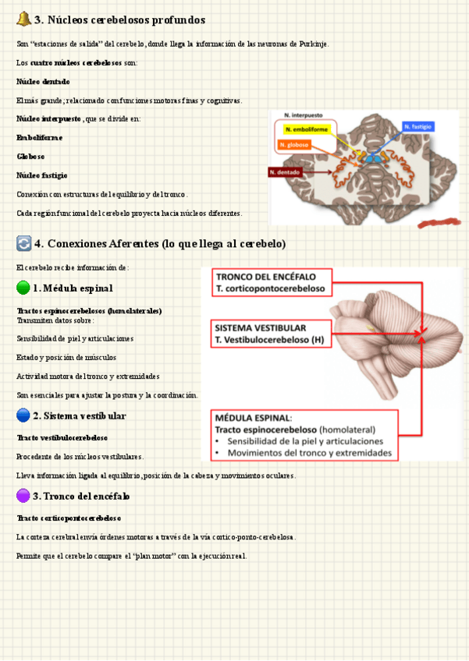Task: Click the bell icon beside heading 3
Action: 23,19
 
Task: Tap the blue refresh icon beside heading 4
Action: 23,244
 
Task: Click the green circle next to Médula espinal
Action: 23,288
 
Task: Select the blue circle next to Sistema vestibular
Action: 23,415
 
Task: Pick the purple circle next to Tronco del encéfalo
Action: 23,496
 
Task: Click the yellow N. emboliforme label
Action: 307,129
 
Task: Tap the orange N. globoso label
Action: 293,145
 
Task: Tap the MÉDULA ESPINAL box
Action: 305,435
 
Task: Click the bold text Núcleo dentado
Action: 43,81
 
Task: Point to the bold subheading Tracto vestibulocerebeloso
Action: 62,437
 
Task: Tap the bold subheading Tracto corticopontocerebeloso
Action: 69,518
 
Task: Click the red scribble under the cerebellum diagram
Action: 439,223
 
